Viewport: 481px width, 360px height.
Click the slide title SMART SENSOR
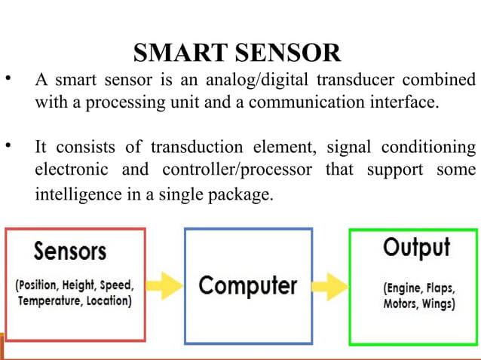tap(236, 53)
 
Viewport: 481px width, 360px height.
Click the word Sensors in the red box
tap(69, 251)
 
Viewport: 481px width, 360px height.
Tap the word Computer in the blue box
tap(247, 286)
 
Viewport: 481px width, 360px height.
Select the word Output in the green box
tap(416, 247)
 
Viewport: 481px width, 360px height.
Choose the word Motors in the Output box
tap(400, 304)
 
